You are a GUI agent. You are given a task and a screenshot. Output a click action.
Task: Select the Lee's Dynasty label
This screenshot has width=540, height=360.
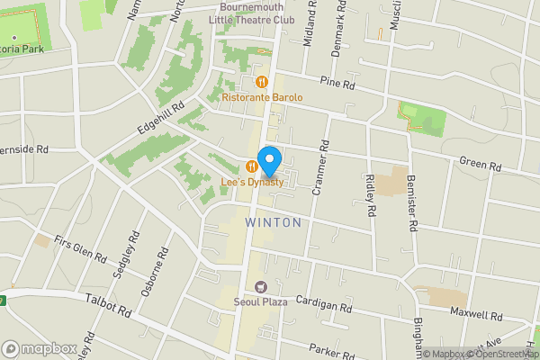(x=253, y=182)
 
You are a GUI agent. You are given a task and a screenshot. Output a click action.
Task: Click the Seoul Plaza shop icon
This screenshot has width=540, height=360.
(x=262, y=287)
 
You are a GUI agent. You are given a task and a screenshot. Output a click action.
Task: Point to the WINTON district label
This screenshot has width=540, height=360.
(x=272, y=221)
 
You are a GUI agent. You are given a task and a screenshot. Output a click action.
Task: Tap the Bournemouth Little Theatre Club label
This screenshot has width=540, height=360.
(x=250, y=13)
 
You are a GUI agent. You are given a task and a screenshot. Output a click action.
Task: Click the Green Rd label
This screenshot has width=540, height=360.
(x=480, y=165)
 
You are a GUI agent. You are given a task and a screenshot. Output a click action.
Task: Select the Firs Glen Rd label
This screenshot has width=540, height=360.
(x=80, y=245)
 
